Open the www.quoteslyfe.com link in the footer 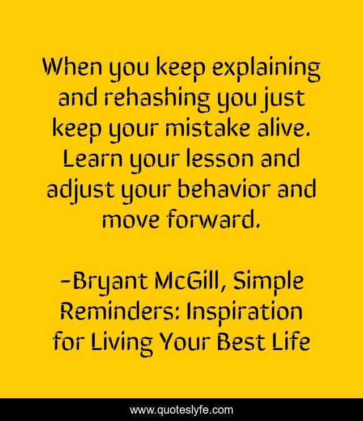181,410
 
